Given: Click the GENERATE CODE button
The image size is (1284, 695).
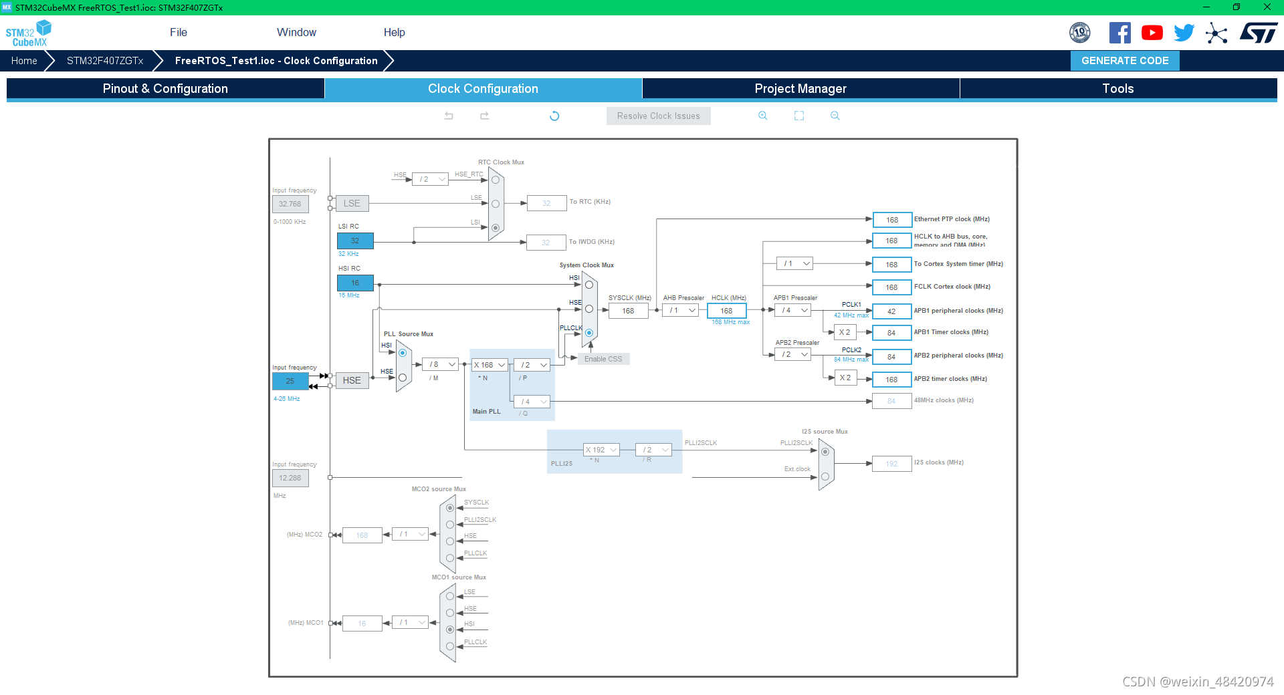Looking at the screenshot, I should [1125, 61].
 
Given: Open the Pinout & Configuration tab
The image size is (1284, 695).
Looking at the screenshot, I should [165, 89].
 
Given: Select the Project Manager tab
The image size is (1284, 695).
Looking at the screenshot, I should [800, 89].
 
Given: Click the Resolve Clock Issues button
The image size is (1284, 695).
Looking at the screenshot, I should [658, 116].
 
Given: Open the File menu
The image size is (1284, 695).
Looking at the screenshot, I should [179, 32].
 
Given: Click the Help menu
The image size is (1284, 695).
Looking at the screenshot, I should [394, 32].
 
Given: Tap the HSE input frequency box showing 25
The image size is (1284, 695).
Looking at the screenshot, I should [290, 381].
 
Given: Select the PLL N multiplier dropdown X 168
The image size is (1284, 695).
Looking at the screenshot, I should [490, 365].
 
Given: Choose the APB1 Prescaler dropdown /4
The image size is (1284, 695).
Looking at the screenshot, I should [793, 310].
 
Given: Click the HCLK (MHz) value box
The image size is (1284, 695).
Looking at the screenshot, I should [726, 311].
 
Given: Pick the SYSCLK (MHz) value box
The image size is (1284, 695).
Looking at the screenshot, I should [628, 311].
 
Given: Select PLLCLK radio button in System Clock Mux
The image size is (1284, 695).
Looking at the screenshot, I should [589, 333].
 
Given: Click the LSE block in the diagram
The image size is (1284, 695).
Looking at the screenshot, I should [352, 203].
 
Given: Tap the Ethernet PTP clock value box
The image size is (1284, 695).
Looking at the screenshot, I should [891, 220].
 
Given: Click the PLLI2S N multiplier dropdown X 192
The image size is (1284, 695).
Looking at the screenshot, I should [601, 450].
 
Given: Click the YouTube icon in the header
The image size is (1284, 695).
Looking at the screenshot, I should [1152, 33].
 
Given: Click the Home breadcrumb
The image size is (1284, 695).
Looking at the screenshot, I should [24, 61].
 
